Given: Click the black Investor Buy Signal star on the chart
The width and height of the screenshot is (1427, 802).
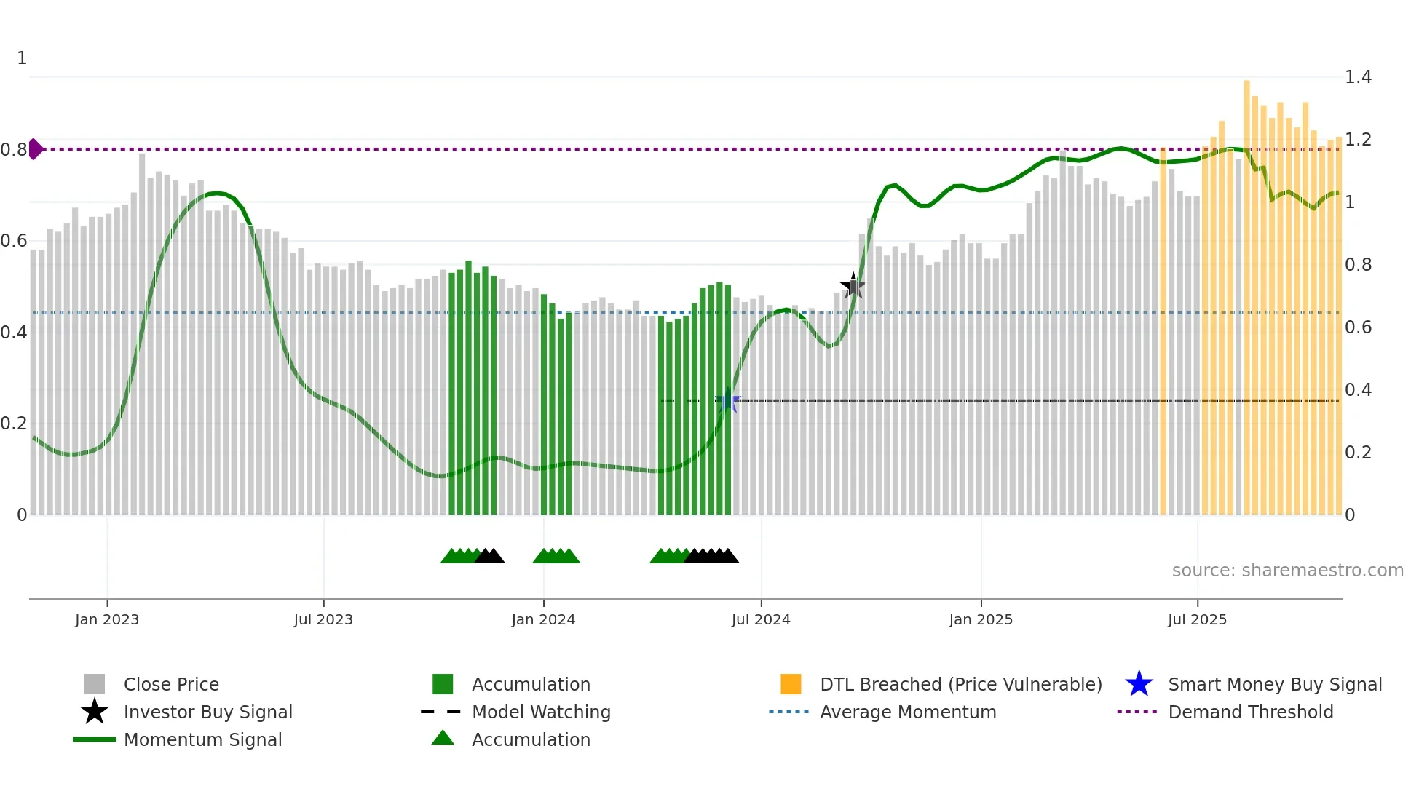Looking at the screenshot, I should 853,286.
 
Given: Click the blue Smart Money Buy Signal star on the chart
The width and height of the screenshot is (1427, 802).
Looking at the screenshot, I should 727,401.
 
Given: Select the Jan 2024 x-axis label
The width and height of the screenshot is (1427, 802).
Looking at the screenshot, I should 543,619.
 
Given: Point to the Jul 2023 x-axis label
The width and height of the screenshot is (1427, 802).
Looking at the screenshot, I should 323,619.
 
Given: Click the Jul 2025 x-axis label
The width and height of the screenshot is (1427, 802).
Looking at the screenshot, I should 1197,619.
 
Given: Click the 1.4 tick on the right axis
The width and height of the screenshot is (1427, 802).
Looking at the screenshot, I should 1358,76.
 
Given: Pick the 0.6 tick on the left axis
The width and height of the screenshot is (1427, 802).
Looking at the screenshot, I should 14,240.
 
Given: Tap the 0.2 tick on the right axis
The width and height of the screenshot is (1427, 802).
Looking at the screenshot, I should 1358,452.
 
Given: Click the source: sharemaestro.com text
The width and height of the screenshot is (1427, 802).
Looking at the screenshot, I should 1287,570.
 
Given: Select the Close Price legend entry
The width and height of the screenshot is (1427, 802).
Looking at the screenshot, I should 171,684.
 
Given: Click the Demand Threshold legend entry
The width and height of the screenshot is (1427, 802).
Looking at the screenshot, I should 1250,712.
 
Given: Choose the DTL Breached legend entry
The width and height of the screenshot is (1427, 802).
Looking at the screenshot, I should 960,684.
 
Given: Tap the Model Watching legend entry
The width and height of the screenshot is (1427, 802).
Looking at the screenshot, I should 541,712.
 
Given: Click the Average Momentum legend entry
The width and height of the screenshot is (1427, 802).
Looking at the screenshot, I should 908,712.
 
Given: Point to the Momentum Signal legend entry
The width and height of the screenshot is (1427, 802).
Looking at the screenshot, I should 202,739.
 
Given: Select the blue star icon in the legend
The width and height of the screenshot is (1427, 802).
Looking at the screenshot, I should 1139,684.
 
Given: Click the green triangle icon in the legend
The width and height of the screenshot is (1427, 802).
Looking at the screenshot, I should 443,739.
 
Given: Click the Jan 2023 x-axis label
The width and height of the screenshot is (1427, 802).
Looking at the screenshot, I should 107,619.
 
